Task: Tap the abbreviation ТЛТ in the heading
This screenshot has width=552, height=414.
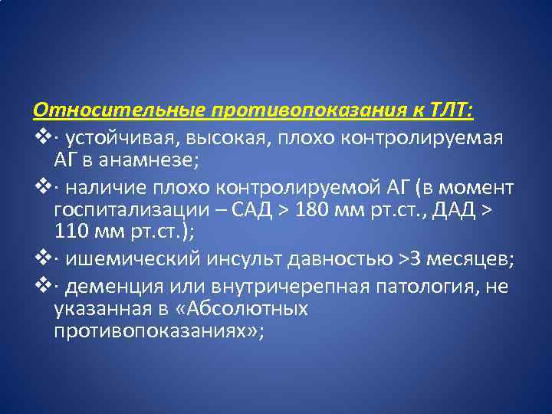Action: (x=453, y=111)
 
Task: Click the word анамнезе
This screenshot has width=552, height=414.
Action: (x=143, y=161)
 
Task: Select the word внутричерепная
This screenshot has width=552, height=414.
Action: (x=267, y=286)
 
